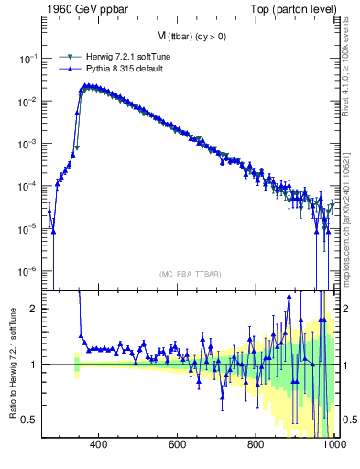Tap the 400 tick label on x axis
point(99,444)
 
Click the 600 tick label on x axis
point(178,444)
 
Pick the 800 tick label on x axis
point(256,444)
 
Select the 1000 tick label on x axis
point(333,444)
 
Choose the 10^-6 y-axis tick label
point(29,271)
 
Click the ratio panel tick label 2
point(36,309)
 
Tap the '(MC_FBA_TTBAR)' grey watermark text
point(190,275)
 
